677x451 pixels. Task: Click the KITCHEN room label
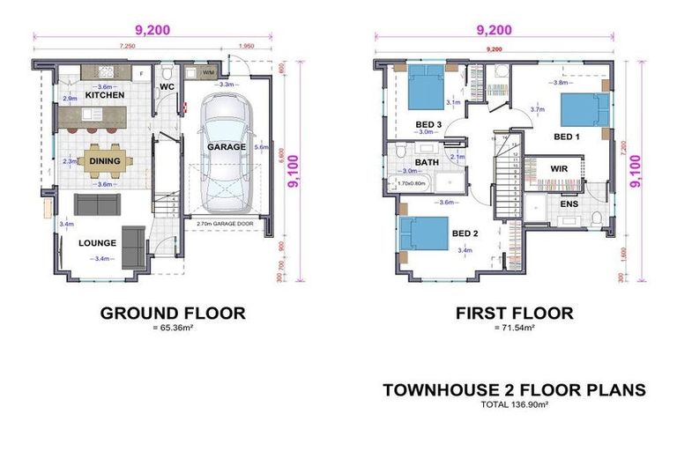[x=104, y=94]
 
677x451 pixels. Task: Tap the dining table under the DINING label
[x=104, y=162]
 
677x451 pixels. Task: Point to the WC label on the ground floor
[x=167, y=88]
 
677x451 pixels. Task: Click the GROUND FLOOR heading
[x=173, y=313]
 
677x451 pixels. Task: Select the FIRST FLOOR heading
[x=514, y=313]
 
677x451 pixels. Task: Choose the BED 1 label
[x=567, y=137]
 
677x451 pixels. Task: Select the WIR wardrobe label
[x=558, y=167]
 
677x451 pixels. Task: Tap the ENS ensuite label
[x=568, y=204]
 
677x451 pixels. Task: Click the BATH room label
[x=427, y=163]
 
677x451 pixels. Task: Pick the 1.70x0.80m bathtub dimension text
[x=411, y=184]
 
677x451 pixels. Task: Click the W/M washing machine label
[x=208, y=72]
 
